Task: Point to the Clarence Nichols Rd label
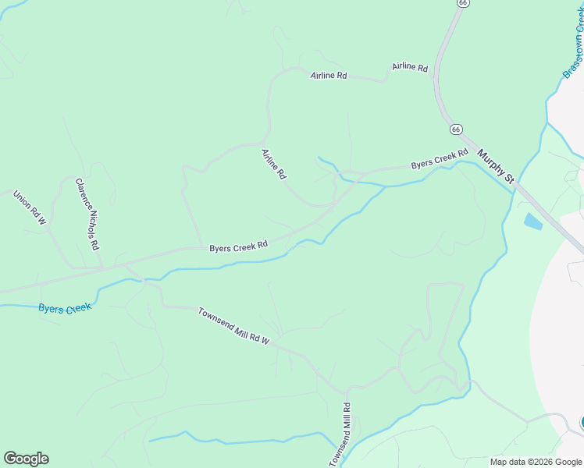pyautogui.click(x=87, y=213)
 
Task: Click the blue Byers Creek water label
pyautogui.click(x=65, y=308)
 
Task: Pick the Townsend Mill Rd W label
pyautogui.click(x=233, y=325)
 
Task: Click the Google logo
pyautogui.click(x=26, y=459)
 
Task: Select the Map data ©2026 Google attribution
pyautogui.click(x=536, y=462)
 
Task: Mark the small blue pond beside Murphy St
pyautogui.click(x=532, y=222)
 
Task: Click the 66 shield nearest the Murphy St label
pyautogui.click(x=456, y=129)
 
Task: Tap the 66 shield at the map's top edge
pyautogui.click(x=464, y=3)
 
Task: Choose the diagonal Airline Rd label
pyautogui.click(x=273, y=165)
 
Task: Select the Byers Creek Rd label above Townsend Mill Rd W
pyautogui.click(x=238, y=246)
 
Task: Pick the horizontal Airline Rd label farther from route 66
pyautogui.click(x=328, y=76)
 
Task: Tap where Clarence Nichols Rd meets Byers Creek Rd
pyautogui.click(x=102, y=265)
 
